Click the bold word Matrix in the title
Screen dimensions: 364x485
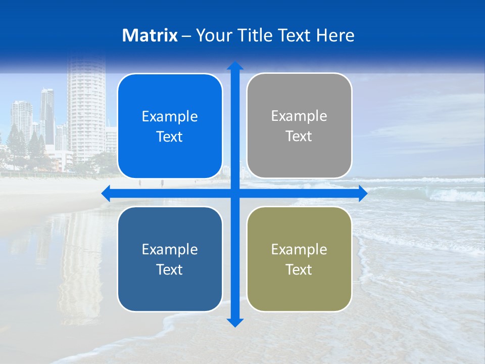tap(150, 35)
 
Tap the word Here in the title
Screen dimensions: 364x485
tap(335, 35)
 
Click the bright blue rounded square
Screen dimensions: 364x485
tap(170, 126)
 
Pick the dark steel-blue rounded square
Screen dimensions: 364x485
tap(170, 259)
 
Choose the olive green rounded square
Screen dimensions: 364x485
tap(299, 259)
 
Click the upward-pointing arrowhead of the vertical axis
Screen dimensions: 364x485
tap(235, 66)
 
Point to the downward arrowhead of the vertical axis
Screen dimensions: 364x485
tap(235, 322)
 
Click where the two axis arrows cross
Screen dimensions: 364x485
tap(235, 193)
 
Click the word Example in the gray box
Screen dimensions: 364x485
tap(299, 116)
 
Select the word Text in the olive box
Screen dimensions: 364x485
tap(299, 269)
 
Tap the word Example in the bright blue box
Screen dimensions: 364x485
tap(170, 116)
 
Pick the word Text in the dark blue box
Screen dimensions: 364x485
tap(170, 269)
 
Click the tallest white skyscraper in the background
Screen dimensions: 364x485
tap(86, 106)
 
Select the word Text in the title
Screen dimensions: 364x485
tap(295, 35)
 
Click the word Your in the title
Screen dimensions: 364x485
tap(211, 35)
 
